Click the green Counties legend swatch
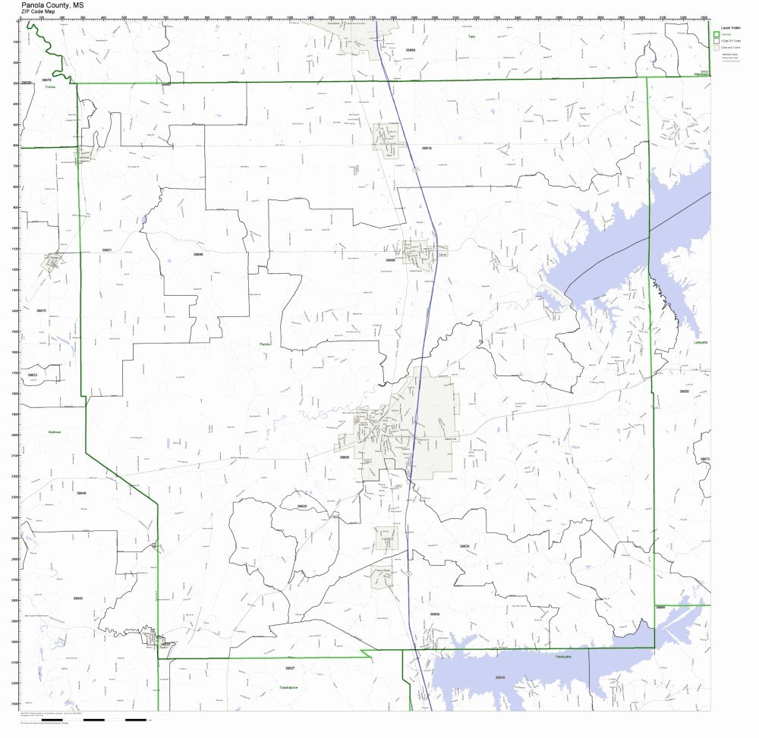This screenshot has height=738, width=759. point(716,33)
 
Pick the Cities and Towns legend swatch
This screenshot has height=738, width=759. point(716,47)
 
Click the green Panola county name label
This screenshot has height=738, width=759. point(264,344)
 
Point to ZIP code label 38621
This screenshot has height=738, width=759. point(106,250)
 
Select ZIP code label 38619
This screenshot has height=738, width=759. point(426,148)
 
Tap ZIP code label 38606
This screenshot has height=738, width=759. point(344,457)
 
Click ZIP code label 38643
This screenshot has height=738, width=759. point(78,598)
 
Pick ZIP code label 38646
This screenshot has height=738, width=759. point(81,493)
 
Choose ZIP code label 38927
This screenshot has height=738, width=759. point(289,667)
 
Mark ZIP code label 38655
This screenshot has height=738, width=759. point(684,391)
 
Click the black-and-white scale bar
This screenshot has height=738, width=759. point(114,719)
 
